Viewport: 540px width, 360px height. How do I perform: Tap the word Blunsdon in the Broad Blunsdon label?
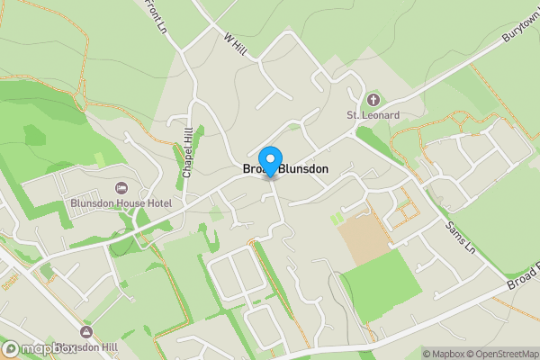(x=303, y=169)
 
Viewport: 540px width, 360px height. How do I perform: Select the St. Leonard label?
(x=373, y=115)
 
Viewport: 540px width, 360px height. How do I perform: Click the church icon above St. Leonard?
(x=373, y=98)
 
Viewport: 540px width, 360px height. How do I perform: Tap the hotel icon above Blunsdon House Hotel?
(x=121, y=187)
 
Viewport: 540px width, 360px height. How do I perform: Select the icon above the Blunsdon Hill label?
(x=86, y=332)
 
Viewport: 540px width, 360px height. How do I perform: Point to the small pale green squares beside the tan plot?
(x=337, y=219)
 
